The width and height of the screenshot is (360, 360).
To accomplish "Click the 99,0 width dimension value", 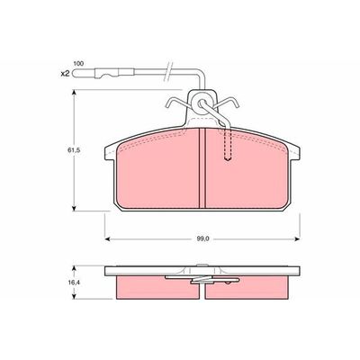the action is [x=202, y=239].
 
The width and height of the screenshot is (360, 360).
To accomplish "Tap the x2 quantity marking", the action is [x=65, y=73].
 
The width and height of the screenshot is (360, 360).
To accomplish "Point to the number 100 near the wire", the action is [x=78, y=64].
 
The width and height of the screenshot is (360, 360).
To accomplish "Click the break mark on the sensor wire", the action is [x=168, y=72].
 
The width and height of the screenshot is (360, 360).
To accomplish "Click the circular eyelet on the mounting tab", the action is [x=201, y=103].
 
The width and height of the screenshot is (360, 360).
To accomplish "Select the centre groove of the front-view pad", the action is [x=202, y=168].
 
